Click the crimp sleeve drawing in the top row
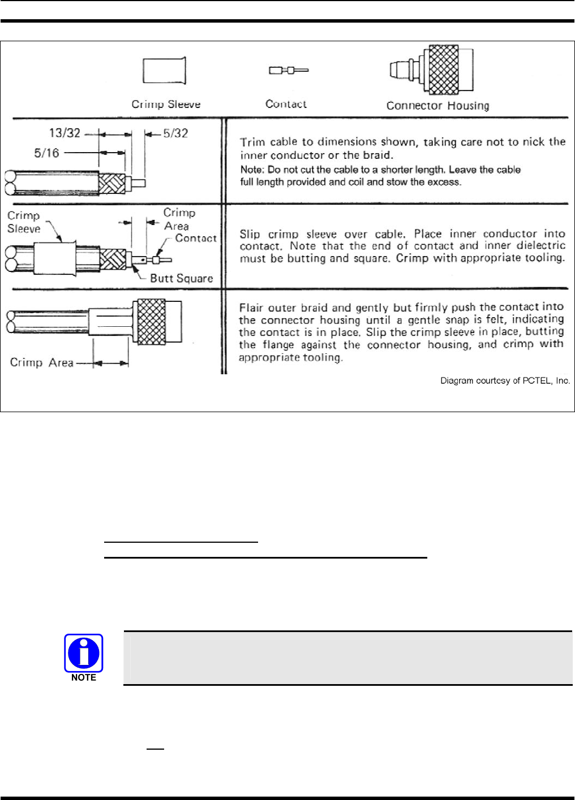click(x=164, y=71)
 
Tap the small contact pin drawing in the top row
click(x=288, y=71)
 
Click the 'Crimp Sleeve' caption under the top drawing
click(x=166, y=105)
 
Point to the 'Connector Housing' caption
click(x=437, y=106)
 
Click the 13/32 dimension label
click(x=65, y=133)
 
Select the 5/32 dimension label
click(x=175, y=133)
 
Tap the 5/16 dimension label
click(x=46, y=153)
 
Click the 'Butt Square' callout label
click(x=181, y=278)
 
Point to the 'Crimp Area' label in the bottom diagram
click(x=41, y=362)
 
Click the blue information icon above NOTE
click(x=84, y=652)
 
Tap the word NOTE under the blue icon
click(x=84, y=677)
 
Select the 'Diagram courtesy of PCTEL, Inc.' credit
click(x=505, y=381)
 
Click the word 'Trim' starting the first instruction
click(x=252, y=142)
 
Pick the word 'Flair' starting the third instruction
click(x=251, y=308)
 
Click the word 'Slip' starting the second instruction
click(x=250, y=234)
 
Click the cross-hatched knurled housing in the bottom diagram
click(x=152, y=322)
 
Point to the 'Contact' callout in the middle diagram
click(x=195, y=238)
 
